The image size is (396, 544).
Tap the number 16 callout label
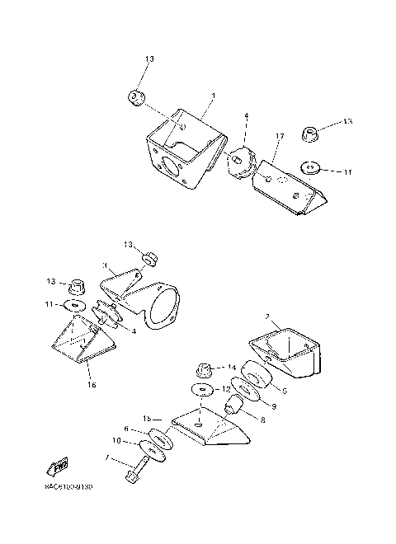coord(91,383)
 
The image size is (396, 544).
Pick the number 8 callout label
coord(262,420)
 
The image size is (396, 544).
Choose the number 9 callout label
coord(273,405)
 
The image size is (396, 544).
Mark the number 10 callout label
coord(116,441)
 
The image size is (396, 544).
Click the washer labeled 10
coord(151,449)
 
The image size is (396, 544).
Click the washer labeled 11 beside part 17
coord(311,169)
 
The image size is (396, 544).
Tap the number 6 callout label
coord(125,429)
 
